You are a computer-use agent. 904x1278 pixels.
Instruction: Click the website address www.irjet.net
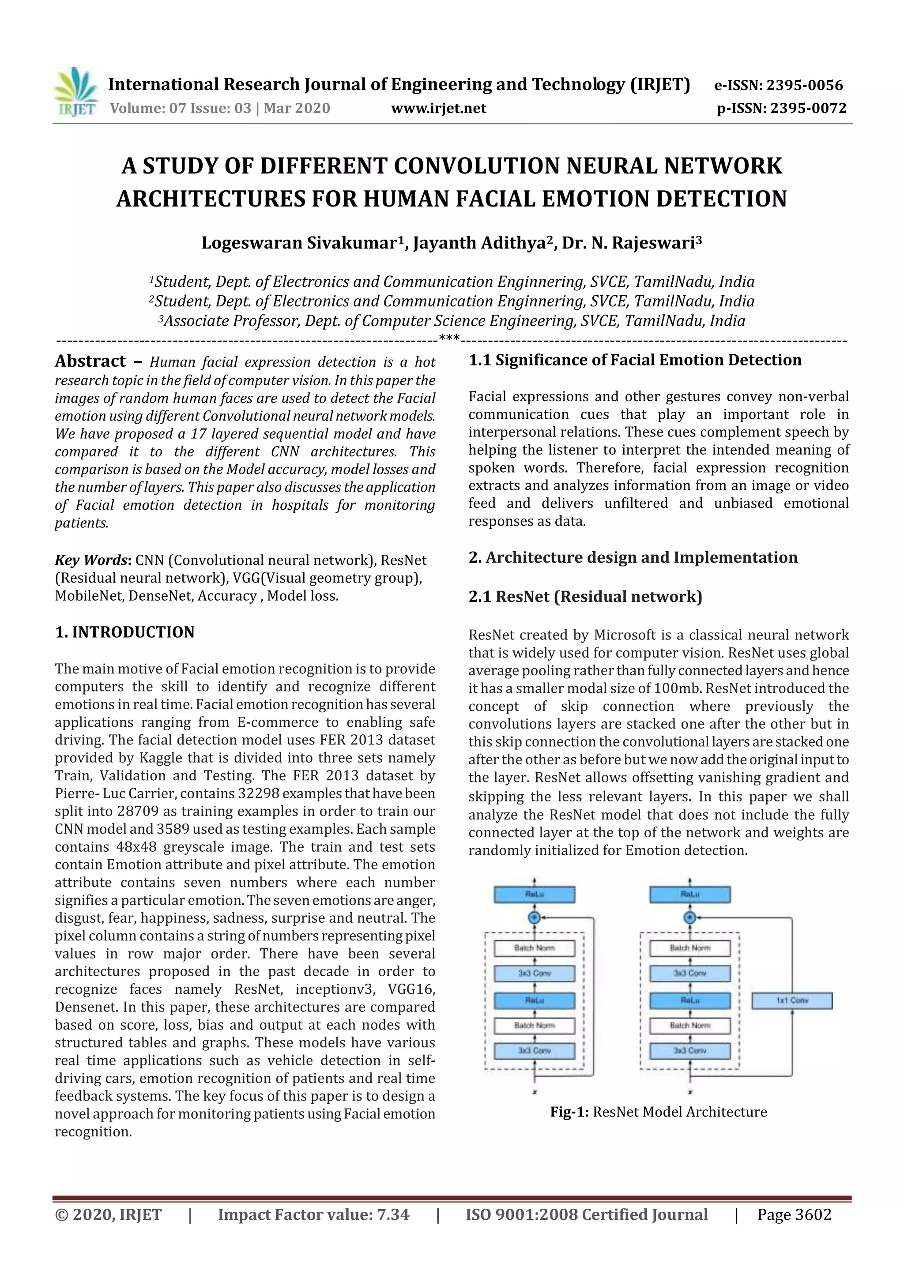tap(439, 108)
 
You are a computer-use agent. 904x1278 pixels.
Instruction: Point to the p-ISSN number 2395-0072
tap(808, 108)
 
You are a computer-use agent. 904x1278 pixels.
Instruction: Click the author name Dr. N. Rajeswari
tap(631, 243)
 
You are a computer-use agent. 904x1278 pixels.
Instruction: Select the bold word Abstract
tap(90, 361)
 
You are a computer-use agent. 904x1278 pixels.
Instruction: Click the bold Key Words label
tap(92, 560)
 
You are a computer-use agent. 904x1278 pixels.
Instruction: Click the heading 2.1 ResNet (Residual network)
tap(585, 597)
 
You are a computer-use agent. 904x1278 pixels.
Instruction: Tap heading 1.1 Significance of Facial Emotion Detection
tap(635, 360)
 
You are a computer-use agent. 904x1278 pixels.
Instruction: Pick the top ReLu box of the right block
tap(689, 895)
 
